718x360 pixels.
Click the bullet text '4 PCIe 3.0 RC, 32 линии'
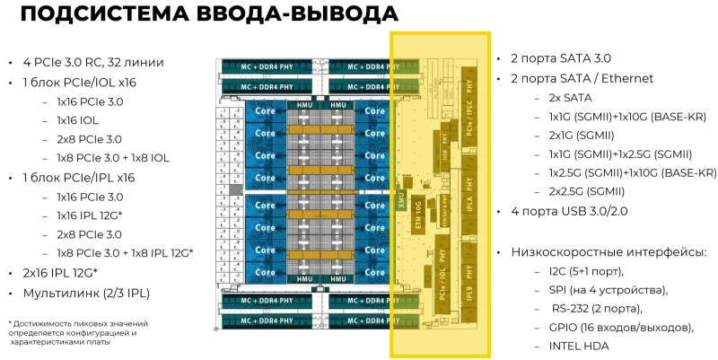(x=93, y=62)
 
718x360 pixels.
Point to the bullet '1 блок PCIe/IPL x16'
(x=78, y=178)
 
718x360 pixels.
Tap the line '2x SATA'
(x=570, y=97)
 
